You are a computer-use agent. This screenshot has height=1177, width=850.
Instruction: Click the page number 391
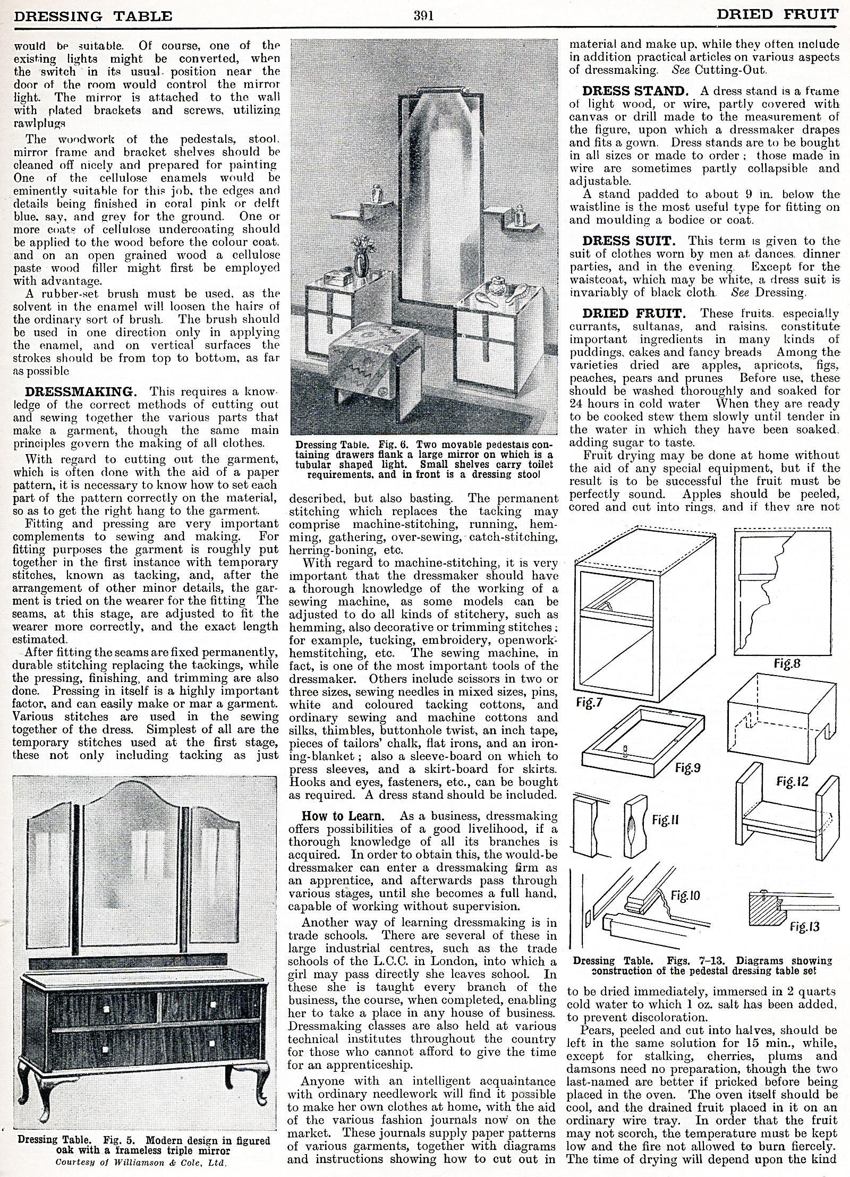click(x=424, y=15)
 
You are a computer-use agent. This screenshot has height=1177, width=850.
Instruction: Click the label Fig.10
click(x=685, y=897)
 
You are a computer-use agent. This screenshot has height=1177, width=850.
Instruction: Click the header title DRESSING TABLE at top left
click(x=93, y=16)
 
